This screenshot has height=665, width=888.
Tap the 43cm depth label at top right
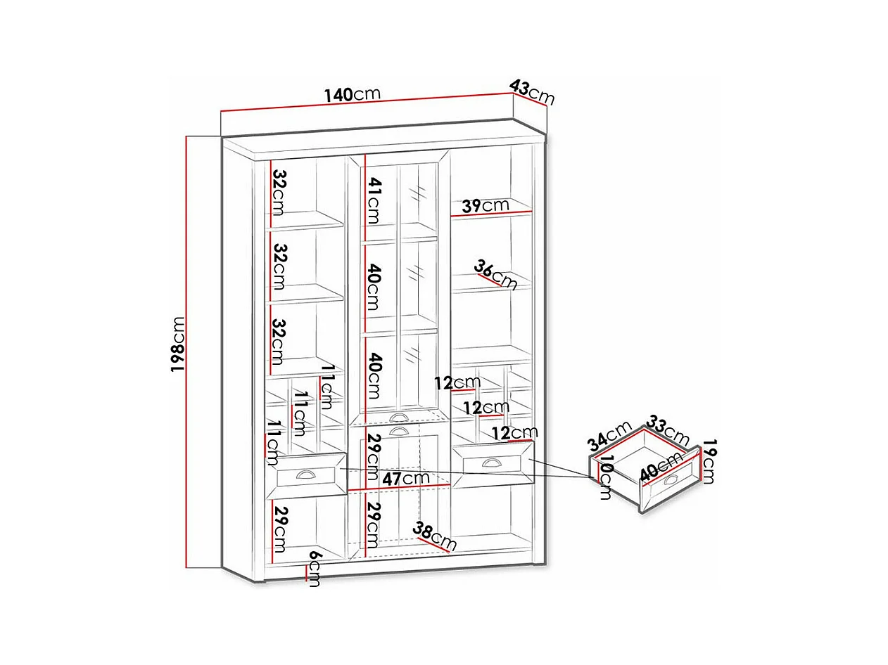(x=532, y=91)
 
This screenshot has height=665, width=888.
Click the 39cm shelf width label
(x=486, y=206)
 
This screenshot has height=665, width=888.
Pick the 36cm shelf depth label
(x=495, y=274)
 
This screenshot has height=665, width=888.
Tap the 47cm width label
(x=407, y=478)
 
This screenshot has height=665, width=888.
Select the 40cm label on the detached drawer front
(x=661, y=465)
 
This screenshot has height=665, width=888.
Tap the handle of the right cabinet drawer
(x=490, y=461)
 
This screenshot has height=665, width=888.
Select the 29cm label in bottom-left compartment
(x=280, y=527)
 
